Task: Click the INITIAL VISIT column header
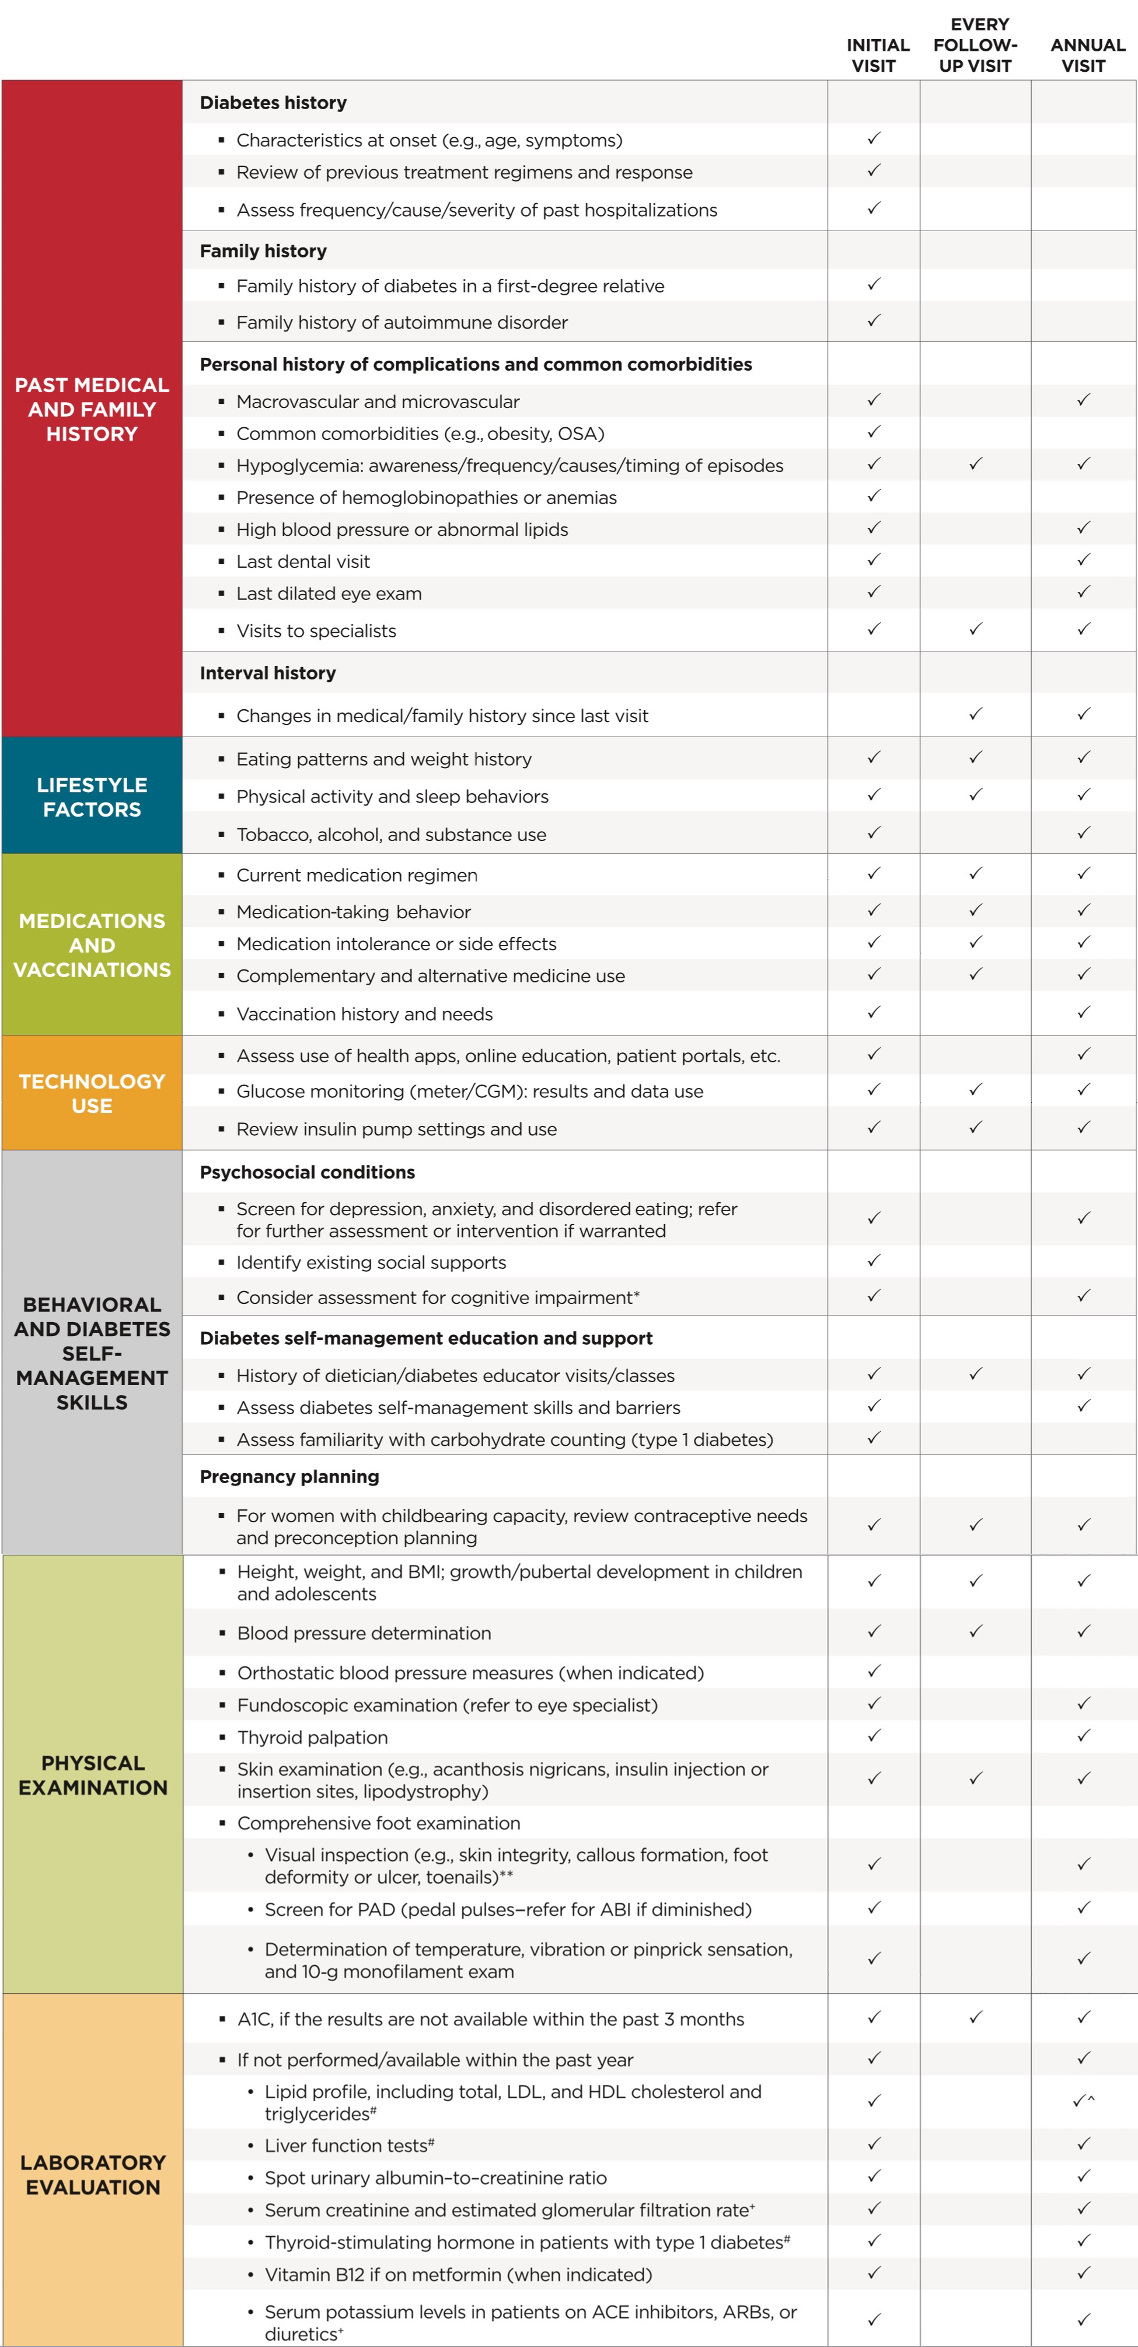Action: pos(877,55)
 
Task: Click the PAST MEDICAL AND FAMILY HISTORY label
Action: pos(92,409)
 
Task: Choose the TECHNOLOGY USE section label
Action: pos(92,1093)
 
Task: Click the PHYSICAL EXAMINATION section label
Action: pos(93,1775)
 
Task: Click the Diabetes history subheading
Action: pos(273,103)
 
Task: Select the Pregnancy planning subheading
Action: pos(289,1476)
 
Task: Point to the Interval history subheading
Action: pos(268,674)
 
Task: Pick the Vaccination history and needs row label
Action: pos(364,1014)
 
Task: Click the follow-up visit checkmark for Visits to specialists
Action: pos(975,629)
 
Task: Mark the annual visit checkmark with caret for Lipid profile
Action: pos(1083,2100)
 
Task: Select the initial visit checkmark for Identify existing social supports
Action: pos(874,1260)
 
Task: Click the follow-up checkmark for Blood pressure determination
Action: pos(975,1631)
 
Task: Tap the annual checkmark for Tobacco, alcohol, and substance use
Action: pos(1083,833)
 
